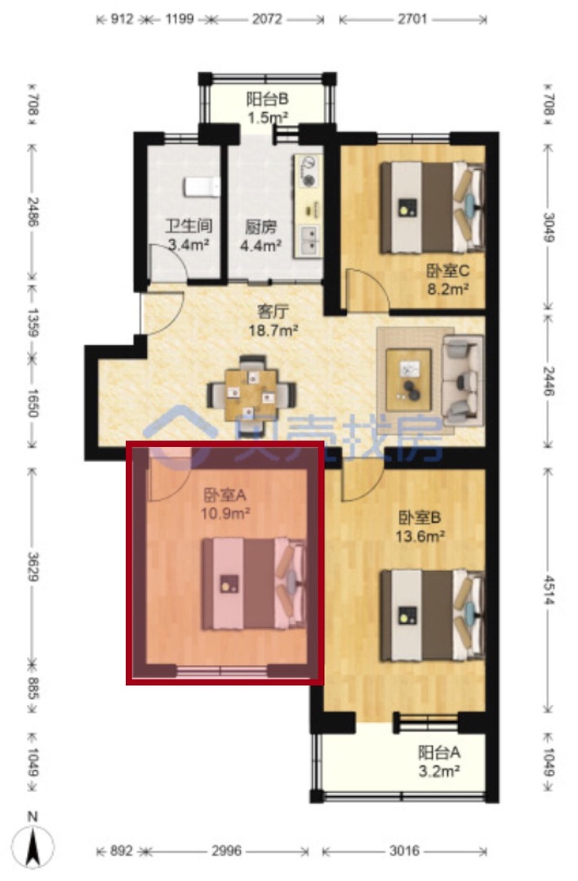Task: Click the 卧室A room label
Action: pos(225,495)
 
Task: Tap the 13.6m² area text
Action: pos(420,536)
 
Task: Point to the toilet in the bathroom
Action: pos(202,187)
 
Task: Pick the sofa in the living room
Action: pos(463,380)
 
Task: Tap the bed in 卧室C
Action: pos(432,207)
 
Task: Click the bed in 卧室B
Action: pos(432,615)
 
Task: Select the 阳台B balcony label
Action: pos(267,100)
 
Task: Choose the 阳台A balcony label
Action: pos(439,752)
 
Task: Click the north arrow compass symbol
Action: pos(33,843)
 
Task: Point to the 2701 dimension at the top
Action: pos(412,19)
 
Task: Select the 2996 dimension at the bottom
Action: pos(227,851)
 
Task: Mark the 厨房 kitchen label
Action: pos(261,228)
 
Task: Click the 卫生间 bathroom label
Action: pos(189,226)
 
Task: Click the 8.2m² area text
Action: pos(447,289)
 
